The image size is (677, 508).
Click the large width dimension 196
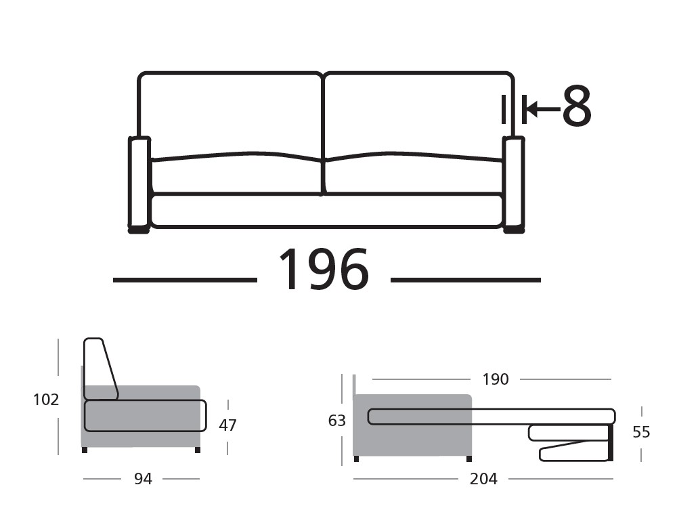point(324,270)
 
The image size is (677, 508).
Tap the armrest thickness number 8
point(577,108)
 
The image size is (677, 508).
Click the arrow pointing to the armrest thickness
point(542,108)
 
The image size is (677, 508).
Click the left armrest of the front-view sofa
point(139,182)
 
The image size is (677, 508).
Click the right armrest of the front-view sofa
point(513,182)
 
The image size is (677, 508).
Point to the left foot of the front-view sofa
point(139,230)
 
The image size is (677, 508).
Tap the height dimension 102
point(46,400)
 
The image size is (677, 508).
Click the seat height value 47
point(228,425)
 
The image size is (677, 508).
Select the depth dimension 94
point(143,479)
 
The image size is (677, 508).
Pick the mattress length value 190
point(495,379)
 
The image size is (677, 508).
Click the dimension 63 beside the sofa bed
point(337,421)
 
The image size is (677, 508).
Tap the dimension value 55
point(641,432)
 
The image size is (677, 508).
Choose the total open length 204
point(483,479)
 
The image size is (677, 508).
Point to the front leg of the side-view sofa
point(197,450)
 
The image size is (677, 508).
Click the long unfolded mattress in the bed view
point(491,417)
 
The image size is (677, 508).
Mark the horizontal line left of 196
point(185,280)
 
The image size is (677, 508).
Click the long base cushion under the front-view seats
point(326,210)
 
